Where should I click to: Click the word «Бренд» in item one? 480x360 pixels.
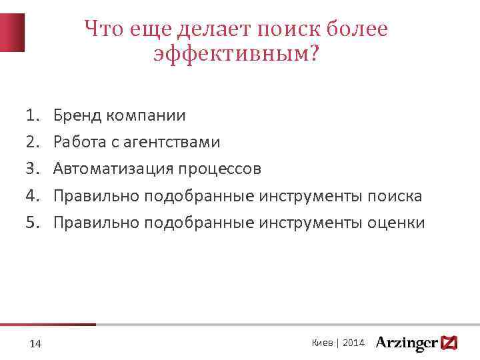pyautogui.click(x=76, y=116)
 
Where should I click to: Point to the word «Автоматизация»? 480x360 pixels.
pyautogui.click(x=113, y=169)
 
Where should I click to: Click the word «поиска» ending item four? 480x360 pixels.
pyautogui.click(x=396, y=196)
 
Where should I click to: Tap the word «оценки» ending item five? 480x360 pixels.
pyautogui.click(x=397, y=223)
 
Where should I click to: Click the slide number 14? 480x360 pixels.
pyautogui.click(x=36, y=343)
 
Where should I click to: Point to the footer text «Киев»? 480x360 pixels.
pyautogui.click(x=323, y=343)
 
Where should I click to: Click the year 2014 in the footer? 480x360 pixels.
pyautogui.click(x=353, y=343)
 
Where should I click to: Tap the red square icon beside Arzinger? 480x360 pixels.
pyautogui.click(x=449, y=343)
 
